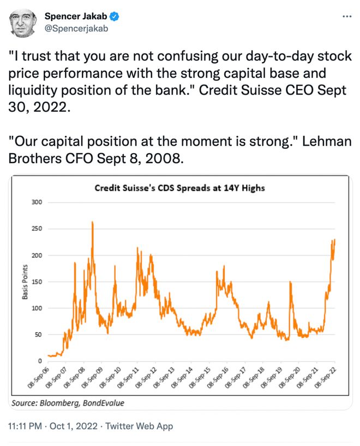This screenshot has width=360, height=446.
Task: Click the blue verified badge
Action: [114, 16]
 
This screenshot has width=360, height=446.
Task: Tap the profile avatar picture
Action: [23, 23]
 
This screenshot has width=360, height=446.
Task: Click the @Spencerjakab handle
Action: [76, 28]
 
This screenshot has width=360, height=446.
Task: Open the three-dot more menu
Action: [347, 16]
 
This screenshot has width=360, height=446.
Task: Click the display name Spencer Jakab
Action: [76, 16]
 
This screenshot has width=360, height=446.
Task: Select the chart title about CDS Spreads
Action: [180, 188]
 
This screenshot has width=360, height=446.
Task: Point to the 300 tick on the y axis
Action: [37, 202]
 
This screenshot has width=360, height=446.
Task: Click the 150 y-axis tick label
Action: [37, 282]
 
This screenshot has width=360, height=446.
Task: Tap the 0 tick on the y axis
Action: [40, 361]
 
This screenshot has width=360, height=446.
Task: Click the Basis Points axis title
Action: [25, 282]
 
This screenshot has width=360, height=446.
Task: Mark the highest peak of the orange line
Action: [92, 222]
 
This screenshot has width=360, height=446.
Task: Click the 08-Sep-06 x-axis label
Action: [39, 378]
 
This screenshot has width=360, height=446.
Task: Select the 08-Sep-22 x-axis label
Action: [326, 378]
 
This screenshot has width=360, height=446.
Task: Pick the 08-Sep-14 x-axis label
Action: [182, 378]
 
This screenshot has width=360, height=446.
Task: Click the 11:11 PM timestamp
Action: [25, 426]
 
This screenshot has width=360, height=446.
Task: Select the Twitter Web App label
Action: [139, 426]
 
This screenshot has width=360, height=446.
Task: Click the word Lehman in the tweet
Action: [327, 141]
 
